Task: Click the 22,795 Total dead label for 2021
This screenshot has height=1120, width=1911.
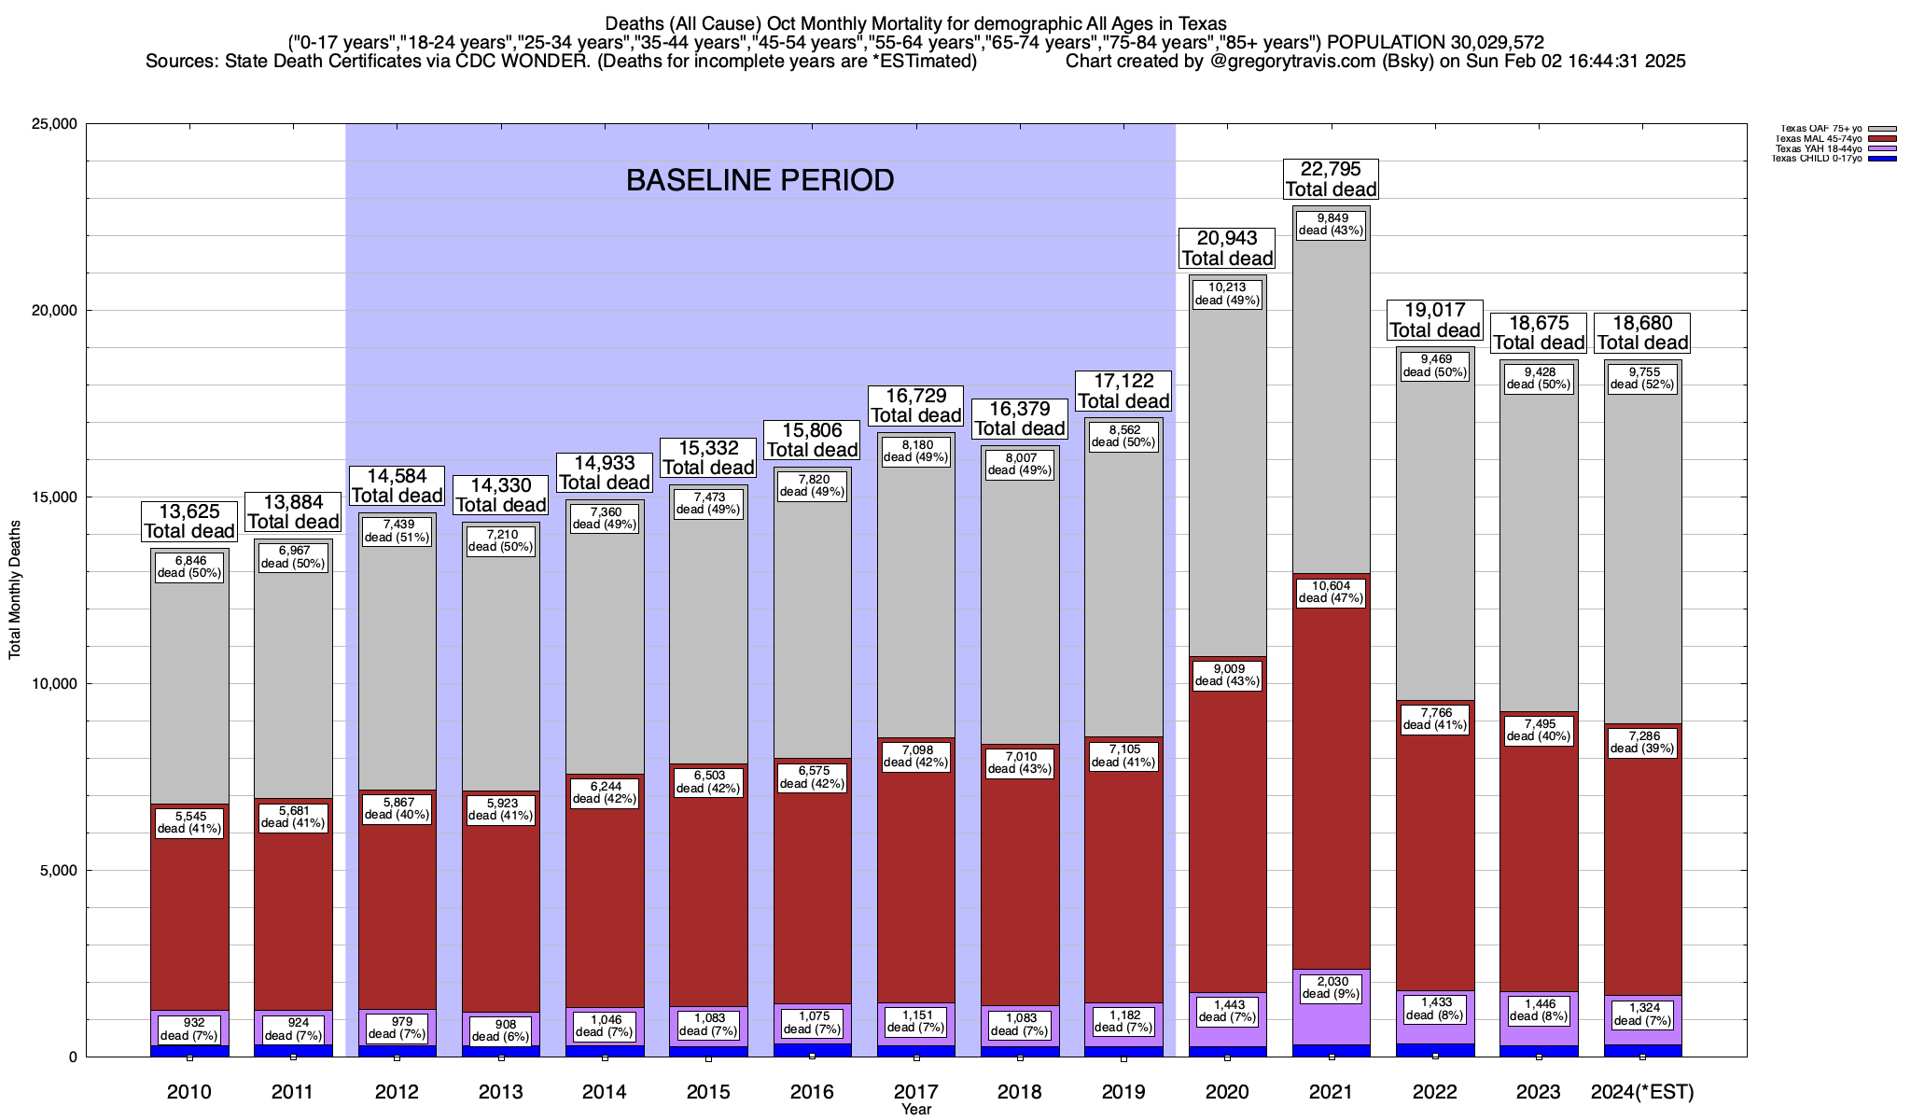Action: pos(1331,178)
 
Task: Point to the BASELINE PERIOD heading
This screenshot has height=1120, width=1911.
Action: pos(760,180)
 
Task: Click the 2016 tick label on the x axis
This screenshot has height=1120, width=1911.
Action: pos(812,1091)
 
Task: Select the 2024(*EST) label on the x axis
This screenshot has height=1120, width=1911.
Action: pos(1642,1091)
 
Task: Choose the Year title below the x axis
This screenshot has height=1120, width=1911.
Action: pos(916,1110)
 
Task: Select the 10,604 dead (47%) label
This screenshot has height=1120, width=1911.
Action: pos(1331,592)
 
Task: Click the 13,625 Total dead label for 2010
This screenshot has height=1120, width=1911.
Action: pos(189,521)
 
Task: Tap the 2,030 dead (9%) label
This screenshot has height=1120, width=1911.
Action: pos(1331,987)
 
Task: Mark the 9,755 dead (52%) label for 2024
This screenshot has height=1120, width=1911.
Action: pos(1642,377)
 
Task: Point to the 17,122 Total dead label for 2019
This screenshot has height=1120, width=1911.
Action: pos(1123,391)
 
